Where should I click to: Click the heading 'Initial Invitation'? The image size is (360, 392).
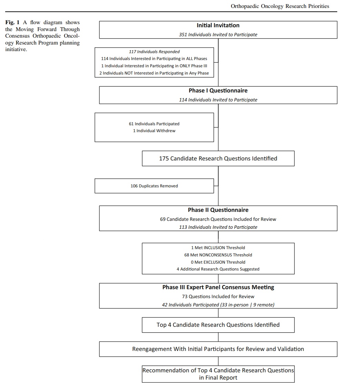click(x=218, y=25)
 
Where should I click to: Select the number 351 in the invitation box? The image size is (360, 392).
click(x=183, y=35)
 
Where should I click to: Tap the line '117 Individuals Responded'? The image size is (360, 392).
click(x=154, y=52)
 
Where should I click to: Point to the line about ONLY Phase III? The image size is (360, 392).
click(x=154, y=66)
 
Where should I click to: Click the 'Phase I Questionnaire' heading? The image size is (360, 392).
click(x=218, y=90)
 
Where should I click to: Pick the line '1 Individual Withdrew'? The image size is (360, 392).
click(x=154, y=131)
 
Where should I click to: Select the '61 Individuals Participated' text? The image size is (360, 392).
click(x=154, y=124)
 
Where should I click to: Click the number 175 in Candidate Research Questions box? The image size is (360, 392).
click(x=164, y=158)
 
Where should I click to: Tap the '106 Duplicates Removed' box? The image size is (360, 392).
click(x=154, y=186)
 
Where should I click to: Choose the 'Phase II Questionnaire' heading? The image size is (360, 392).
click(x=218, y=210)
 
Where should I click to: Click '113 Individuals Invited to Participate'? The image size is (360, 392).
click(x=218, y=227)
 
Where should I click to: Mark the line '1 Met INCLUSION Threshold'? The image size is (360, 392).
click(x=218, y=248)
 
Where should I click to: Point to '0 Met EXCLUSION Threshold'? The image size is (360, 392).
click(x=218, y=262)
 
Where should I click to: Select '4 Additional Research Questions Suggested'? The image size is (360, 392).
click(x=218, y=269)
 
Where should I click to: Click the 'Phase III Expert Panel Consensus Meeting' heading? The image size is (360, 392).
click(x=218, y=287)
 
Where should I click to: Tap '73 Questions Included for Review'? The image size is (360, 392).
click(x=218, y=296)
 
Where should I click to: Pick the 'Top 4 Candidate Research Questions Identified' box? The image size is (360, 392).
click(x=218, y=325)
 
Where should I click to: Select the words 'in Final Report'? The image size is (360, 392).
click(x=218, y=378)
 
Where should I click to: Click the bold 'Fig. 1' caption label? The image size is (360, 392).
click(x=12, y=22)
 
